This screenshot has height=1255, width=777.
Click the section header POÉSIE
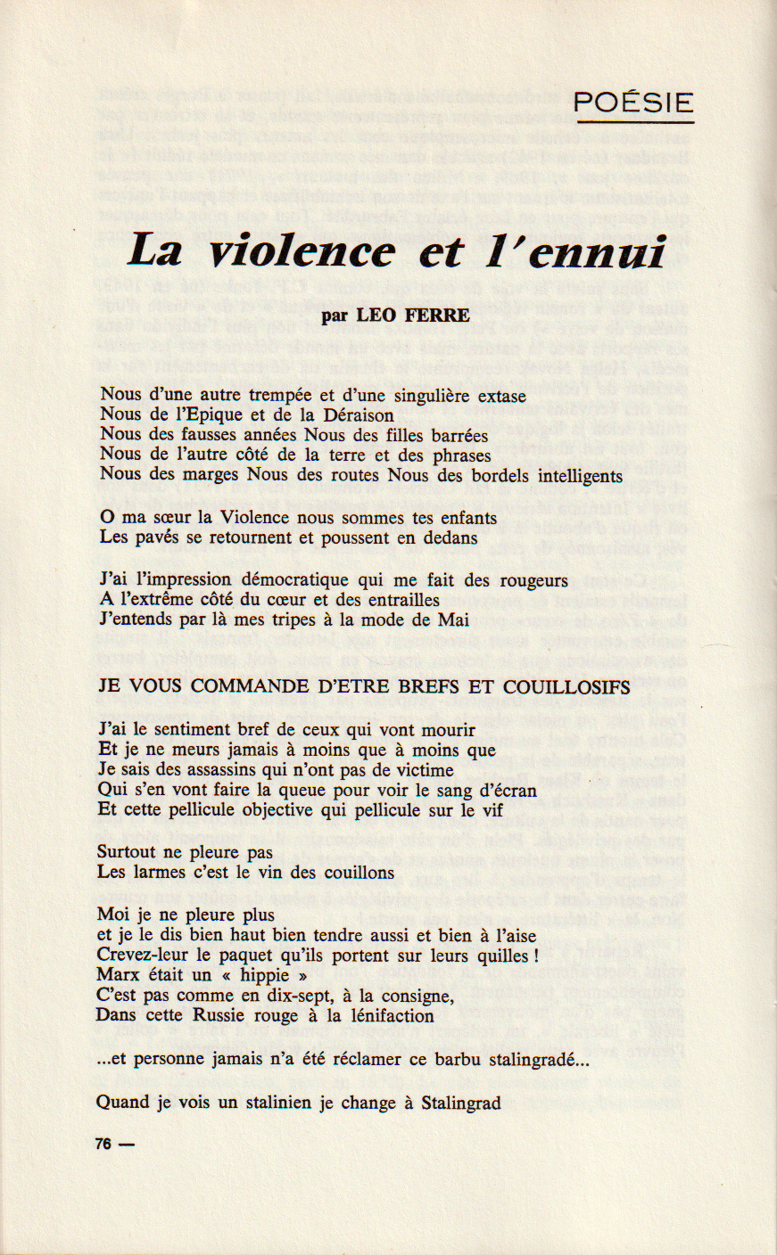click(633, 103)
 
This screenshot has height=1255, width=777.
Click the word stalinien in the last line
click(274, 1103)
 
